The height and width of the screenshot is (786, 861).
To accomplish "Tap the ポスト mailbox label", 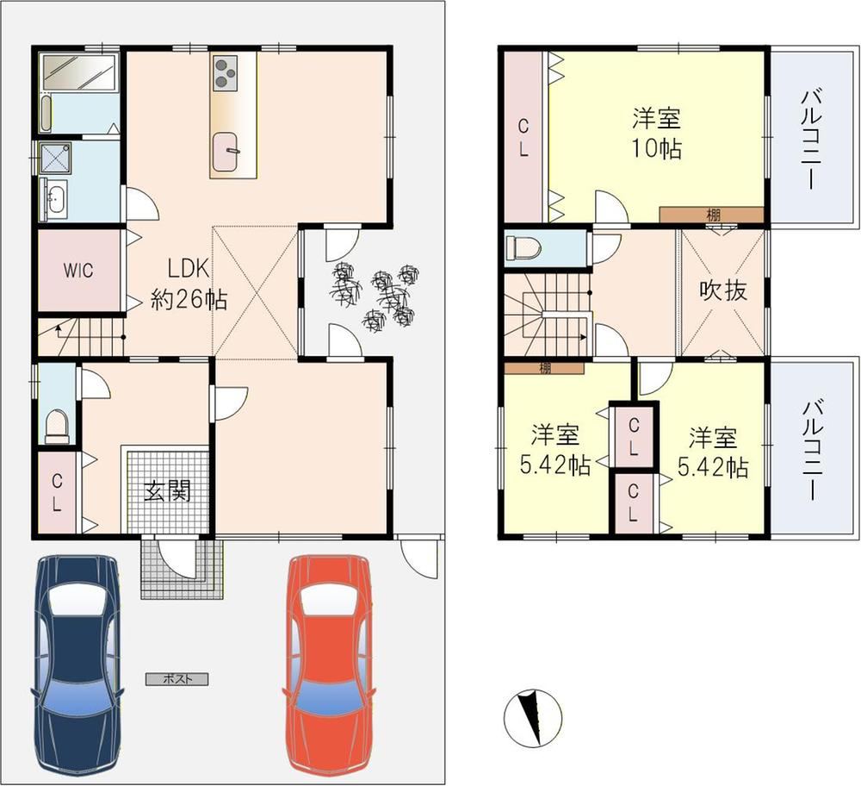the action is pyautogui.click(x=177, y=679).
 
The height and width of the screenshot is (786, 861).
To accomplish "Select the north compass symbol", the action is pyautogui.click(x=533, y=718).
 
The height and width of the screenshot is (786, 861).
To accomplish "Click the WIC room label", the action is pyautogui.click(x=78, y=271).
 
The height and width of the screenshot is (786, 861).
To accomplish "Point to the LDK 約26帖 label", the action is pyautogui.click(x=189, y=284).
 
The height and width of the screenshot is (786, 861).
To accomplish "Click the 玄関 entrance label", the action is pyautogui.click(x=168, y=491).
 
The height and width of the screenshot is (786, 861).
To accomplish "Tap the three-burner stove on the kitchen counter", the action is pyautogui.click(x=224, y=73).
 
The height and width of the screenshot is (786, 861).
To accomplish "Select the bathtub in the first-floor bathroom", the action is pyautogui.click(x=46, y=113).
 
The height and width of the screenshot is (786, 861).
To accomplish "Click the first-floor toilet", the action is pyautogui.click(x=57, y=427).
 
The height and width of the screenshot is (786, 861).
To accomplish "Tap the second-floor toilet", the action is pyautogui.click(x=523, y=247).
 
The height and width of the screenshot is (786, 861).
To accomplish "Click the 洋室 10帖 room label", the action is pyautogui.click(x=656, y=134).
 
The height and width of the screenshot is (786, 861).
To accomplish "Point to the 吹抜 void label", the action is pyautogui.click(x=723, y=290).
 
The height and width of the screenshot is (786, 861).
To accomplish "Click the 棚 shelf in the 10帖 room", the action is pyautogui.click(x=712, y=215).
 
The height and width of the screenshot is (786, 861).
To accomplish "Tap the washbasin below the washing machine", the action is pyautogui.click(x=54, y=199).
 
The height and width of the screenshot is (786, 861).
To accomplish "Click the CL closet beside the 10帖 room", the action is pyautogui.click(x=523, y=137).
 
